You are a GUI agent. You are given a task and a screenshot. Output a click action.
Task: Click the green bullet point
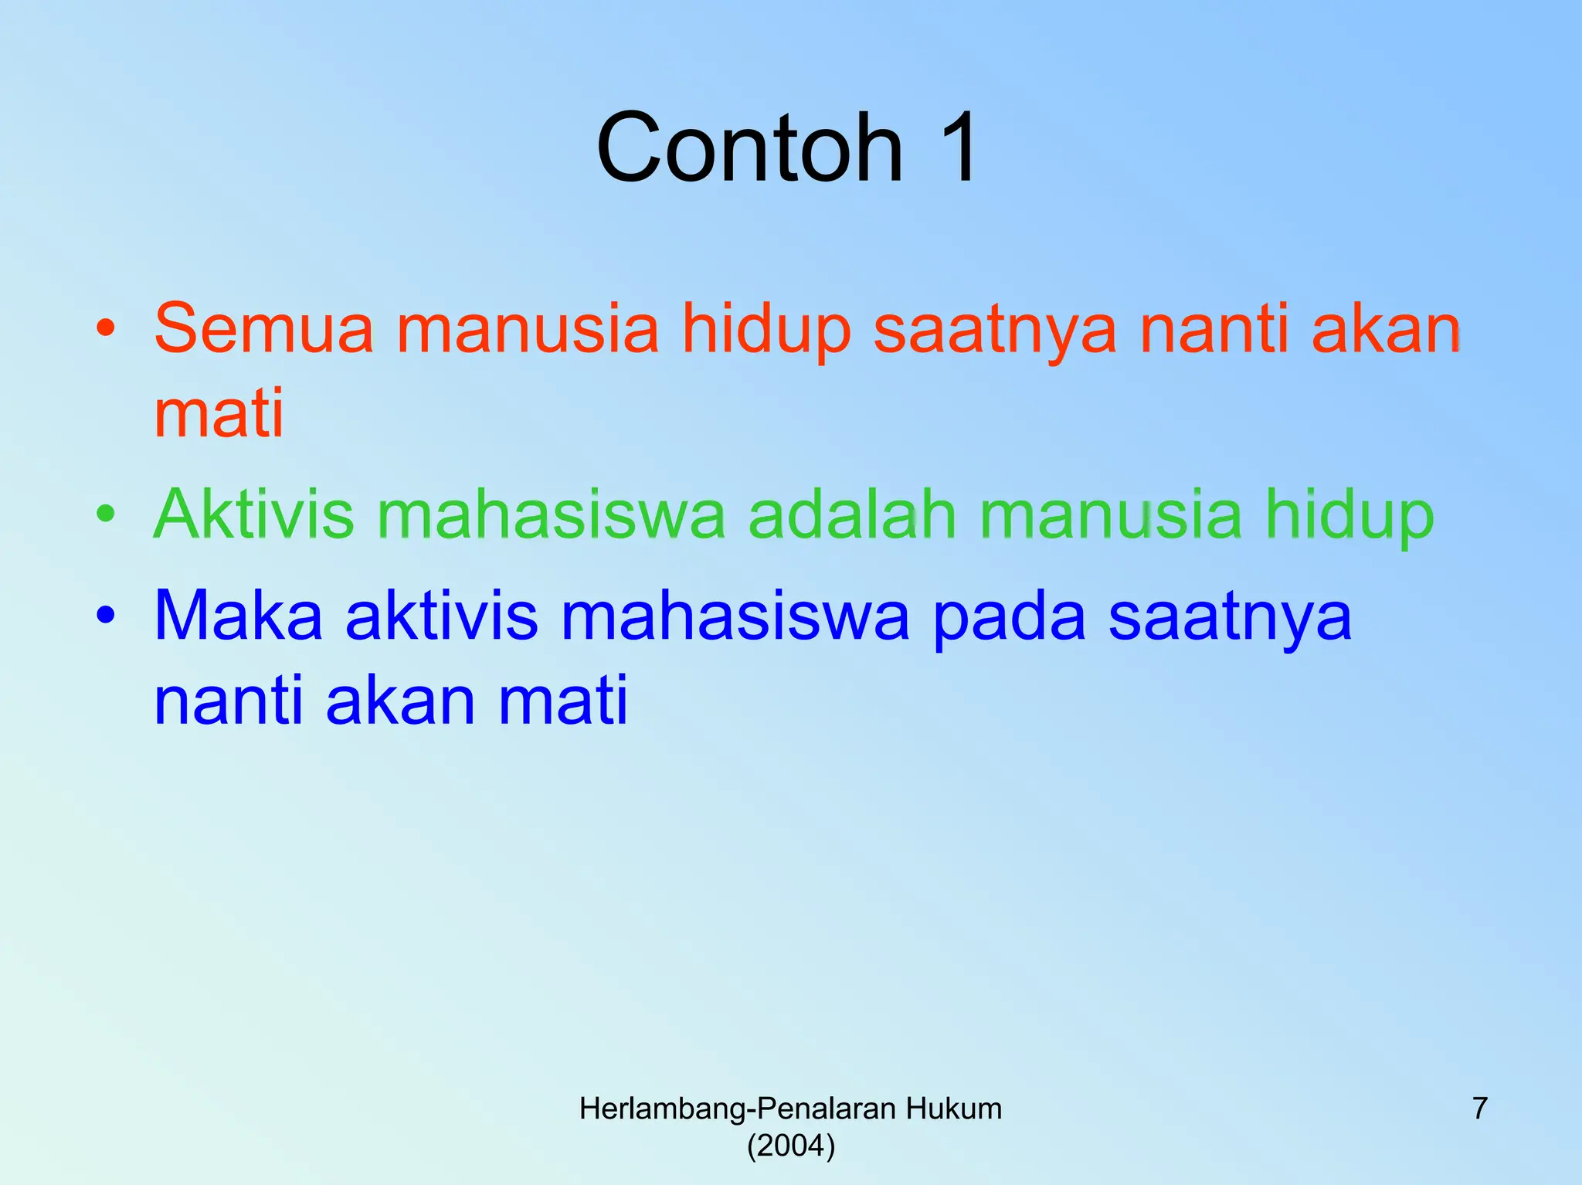[106, 512]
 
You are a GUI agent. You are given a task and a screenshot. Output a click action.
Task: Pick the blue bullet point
[106, 615]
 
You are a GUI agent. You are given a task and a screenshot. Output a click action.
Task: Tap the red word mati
[219, 413]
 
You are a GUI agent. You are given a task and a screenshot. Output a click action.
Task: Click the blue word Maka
[238, 616]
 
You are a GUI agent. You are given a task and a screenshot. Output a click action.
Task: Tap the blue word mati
[562, 701]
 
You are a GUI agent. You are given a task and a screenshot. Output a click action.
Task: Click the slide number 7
[1479, 1109]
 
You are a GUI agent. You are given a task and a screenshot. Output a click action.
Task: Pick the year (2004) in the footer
[791, 1145]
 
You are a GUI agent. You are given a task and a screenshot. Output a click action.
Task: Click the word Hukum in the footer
[954, 1109]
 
